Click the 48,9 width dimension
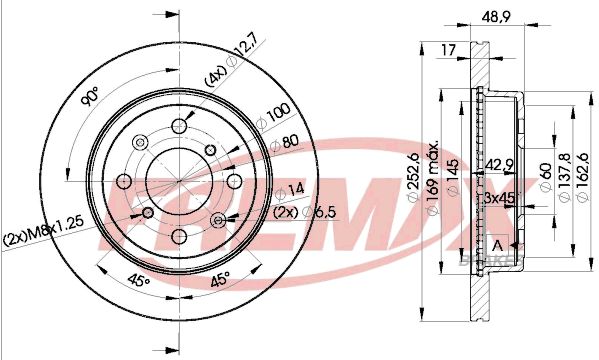496,17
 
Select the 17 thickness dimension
449,50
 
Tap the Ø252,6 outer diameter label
414,177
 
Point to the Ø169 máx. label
432,178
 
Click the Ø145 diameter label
453,178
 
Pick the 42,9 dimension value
499,165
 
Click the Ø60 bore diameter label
545,177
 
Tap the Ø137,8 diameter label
565,177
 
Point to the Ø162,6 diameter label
582,177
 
